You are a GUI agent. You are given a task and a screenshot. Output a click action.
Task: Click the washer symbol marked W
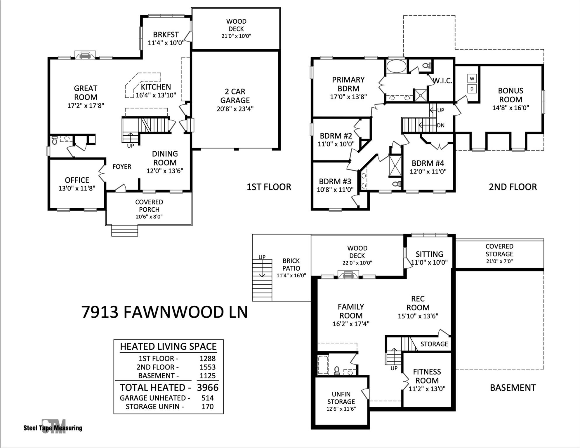[x=472, y=78]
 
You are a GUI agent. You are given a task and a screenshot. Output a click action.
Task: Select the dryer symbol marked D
[x=472, y=89]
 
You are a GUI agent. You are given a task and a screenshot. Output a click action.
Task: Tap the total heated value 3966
[x=208, y=388]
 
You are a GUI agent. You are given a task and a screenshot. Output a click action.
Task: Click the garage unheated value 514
[x=208, y=398]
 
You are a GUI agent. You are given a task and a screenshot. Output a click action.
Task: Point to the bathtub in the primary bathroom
[x=396, y=66]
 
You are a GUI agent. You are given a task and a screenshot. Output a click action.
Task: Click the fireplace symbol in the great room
[x=85, y=55]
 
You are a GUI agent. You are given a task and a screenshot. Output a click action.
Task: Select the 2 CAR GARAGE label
[x=235, y=96]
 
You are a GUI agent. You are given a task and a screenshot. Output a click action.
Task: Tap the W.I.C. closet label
[x=442, y=81]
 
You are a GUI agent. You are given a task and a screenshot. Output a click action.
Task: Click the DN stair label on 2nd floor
[x=441, y=125]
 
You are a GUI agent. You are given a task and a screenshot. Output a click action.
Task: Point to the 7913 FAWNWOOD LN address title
[x=164, y=312]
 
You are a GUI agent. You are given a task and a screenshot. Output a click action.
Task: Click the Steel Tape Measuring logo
[x=53, y=427]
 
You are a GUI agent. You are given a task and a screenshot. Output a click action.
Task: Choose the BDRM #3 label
[x=335, y=181]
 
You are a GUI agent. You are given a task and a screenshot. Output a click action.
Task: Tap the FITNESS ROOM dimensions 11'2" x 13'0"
[x=427, y=389]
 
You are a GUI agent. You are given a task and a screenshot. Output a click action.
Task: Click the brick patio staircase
[x=262, y=280]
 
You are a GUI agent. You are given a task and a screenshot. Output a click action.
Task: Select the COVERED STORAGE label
[x=499, y=250]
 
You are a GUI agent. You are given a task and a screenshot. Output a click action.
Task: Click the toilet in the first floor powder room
[x=54, y=141]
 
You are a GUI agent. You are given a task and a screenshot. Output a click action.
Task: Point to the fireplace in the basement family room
[x=348, y=275]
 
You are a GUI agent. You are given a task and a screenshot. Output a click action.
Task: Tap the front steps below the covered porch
[x=125, y=230]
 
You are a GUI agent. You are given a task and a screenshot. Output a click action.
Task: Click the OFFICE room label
[x=77, y=180]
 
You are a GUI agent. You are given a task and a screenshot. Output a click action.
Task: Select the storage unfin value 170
[x=208, y=407]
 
